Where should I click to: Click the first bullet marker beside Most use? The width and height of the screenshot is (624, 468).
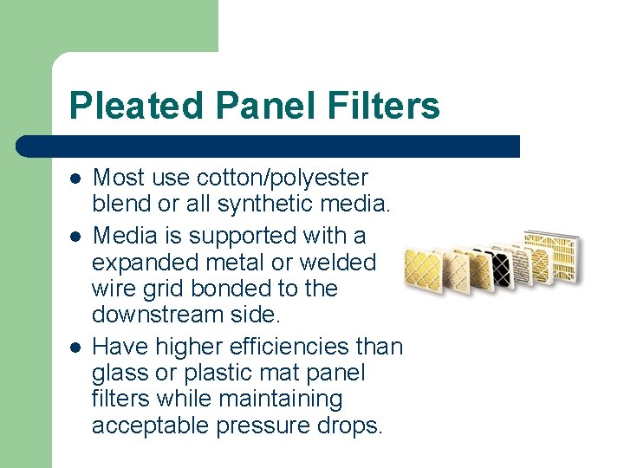coord(75,179)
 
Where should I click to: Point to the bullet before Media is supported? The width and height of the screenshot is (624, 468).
coord(75,236)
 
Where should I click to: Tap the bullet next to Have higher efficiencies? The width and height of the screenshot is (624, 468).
coord(75,347)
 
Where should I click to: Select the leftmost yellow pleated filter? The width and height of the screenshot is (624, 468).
coord(425,271)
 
